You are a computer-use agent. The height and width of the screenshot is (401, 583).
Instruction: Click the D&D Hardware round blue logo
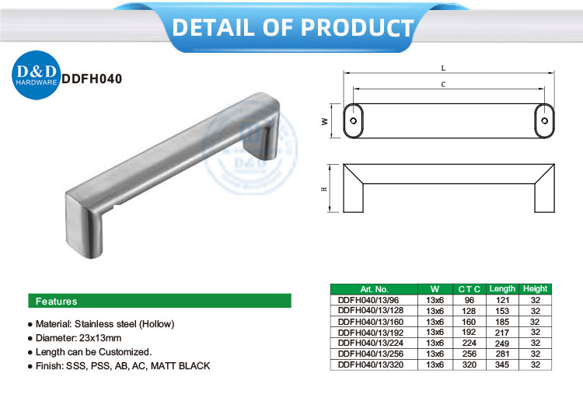(x=36, y=75)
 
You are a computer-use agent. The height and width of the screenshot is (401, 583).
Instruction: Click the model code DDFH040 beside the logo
(x=92, y=78)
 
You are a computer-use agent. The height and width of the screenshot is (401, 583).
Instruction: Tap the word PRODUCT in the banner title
(x=357, y=27)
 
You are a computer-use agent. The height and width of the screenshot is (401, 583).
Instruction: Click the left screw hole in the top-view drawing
(x=353, y=120)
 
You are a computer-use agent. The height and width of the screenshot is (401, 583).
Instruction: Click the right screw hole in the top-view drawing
(x=544, y=120)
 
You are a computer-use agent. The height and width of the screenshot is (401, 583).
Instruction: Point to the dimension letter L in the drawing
(x=443, y=68)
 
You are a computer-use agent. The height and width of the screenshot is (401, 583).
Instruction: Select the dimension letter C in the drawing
(x=443, y=85)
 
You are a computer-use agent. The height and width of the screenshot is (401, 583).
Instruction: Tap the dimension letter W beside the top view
(x=325, y=121)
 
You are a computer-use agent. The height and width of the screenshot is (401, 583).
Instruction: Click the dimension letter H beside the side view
(x=324, y=189)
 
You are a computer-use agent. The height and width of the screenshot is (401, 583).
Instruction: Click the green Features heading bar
(x=159, y=301)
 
